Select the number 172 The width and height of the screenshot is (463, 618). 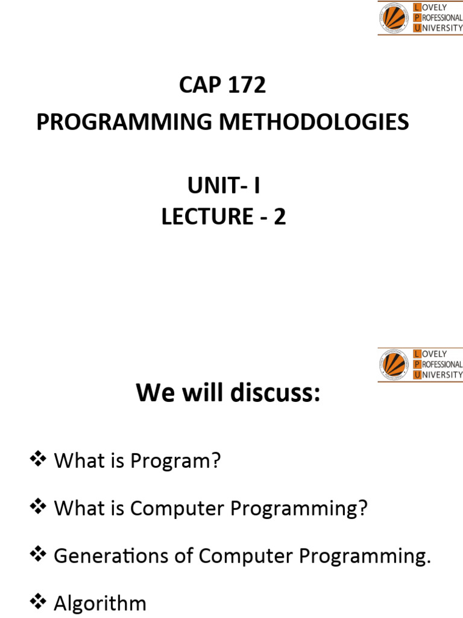246,86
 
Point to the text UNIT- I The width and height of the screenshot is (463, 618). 224,186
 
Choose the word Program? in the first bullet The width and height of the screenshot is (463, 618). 183,462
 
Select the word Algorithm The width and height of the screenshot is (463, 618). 100,604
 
